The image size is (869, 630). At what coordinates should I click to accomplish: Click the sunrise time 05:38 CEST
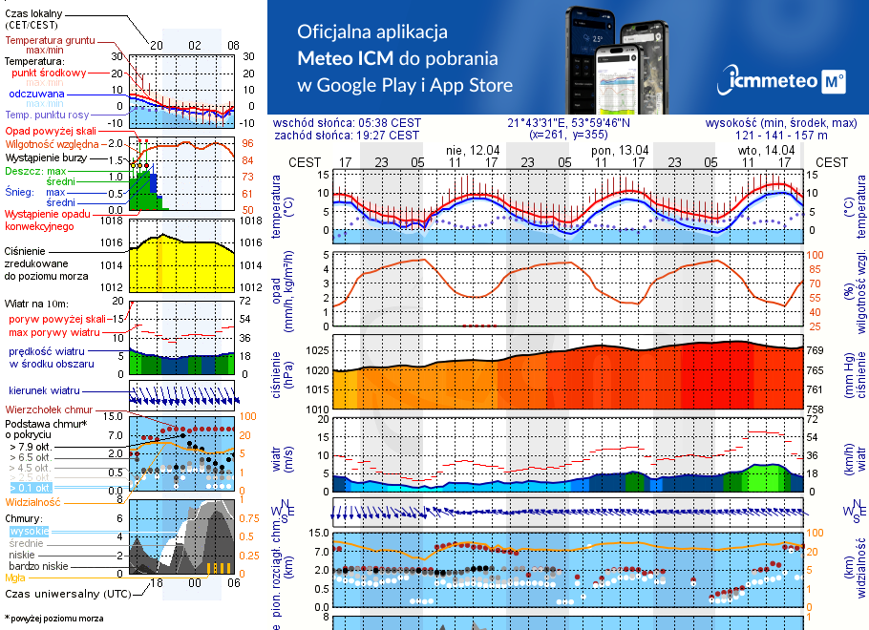tap(389, 123)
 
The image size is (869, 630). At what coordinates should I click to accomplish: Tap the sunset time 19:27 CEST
tap(389, 136)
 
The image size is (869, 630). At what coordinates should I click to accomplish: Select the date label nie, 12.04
tap(473, 150)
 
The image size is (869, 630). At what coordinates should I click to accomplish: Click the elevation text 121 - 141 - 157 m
tap(795, 136)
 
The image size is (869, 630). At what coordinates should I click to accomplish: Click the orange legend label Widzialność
tap(32, 500)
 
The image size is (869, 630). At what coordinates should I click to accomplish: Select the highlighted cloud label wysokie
tap(29, 531)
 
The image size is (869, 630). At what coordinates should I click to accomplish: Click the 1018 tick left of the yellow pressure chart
tap(113, 220)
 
